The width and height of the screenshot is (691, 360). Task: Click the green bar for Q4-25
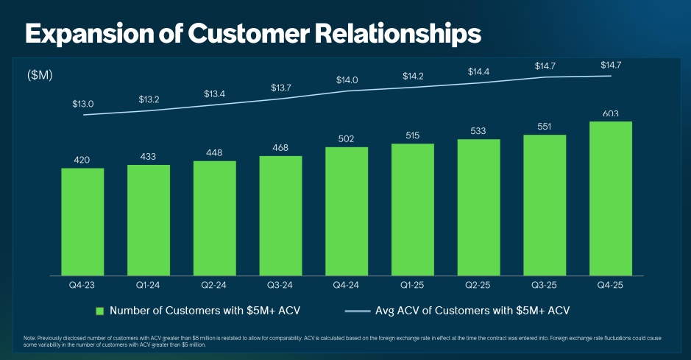point(610,199)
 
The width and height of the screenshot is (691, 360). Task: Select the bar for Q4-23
point(82,222)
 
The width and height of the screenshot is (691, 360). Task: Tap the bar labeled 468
point(280,216)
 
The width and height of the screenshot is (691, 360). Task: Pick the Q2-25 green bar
point(478,207)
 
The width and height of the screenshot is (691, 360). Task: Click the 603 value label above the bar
point(610,114)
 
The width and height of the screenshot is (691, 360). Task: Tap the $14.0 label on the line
point(347,80)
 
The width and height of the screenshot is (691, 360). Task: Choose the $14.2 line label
point(413,76)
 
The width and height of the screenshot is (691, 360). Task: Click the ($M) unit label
point(40,75)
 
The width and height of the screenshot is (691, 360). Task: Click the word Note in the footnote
point(29,338)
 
